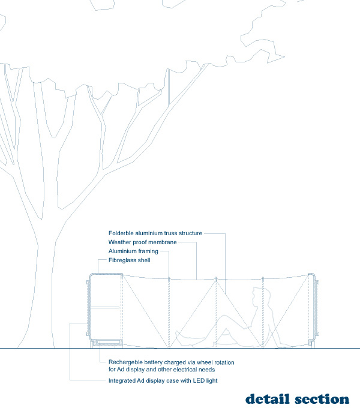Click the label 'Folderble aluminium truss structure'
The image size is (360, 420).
[155, 233]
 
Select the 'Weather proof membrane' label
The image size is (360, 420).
[143, 242]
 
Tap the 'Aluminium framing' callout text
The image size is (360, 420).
[133, 251]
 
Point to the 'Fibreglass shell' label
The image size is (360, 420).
[130, 260]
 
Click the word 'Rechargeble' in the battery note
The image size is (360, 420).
[124, 362]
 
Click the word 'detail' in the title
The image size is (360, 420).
[268, 399]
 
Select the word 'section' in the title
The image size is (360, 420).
[322, 399]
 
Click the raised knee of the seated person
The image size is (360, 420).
[229, 319]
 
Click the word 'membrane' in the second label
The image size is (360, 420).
[162, 242]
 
